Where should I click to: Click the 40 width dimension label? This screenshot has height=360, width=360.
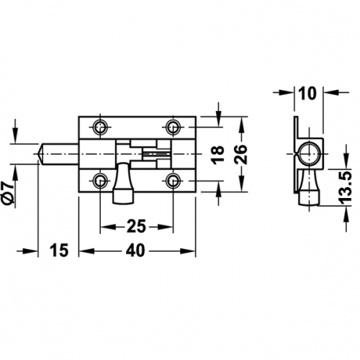pyautogui.click(x=136, y=251)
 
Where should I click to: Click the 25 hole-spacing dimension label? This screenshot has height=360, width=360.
pyautogui.click(x=136, y=226)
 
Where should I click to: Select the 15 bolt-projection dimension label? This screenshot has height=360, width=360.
pyautogui.click(x=59, y=251)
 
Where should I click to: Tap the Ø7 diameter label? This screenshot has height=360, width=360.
pyautogui.click(x=9, y=194)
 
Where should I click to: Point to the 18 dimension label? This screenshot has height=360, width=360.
pyautogui.click(x=217, y=156)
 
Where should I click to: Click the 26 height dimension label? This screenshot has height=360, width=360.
pyautogui.click(x=240, y=154)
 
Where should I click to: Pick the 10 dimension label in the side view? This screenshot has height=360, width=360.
pyautogui.click(x=308, y=94)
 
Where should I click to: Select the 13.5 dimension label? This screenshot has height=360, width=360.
pyautogui.click(x=346, y=187)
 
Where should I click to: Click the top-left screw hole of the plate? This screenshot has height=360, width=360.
pyautogui.click(x=100, y=126)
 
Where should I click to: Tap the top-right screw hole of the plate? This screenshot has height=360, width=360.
pyautogui.click(x=173, y=126)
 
